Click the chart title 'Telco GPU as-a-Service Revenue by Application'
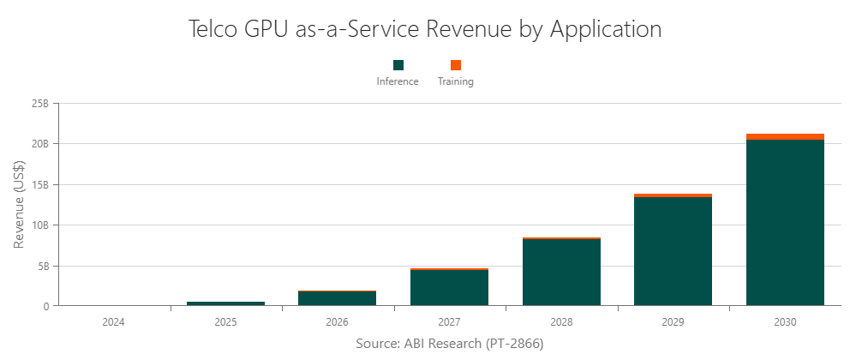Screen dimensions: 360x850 [x=424, y=28]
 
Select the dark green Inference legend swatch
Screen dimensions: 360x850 [x=398, y=65]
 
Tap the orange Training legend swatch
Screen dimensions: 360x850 [x=456, y=65]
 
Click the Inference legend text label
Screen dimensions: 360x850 [x=398, y=82]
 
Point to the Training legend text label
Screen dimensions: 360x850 [x=456, y=82]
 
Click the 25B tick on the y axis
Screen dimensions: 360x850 [x=39, y=104]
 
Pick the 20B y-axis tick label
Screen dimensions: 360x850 [x=39, y=144]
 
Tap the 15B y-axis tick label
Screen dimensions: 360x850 [x=39, y=184]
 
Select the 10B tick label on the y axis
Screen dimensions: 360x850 [x=39, y=225]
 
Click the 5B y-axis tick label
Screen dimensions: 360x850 [x=42, y=266]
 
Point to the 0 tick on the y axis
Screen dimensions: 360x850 [x=45, y=306]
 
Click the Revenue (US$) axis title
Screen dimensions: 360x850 [x=19, y=205]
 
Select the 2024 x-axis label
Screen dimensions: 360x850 [x=115, y=322]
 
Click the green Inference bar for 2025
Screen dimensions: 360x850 [x=226, y=303]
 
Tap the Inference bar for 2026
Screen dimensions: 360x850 [x=338, y=298]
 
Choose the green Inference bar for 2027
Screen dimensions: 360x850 [x=450, y=288]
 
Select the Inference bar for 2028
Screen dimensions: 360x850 [x=561, y=273]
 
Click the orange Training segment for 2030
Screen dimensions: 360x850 [x=785, y=136]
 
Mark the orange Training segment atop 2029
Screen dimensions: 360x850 [x=673, y=195]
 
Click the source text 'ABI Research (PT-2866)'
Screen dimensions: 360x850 [x=450, y=343]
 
